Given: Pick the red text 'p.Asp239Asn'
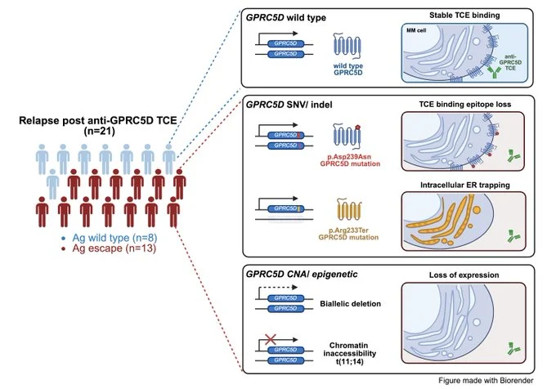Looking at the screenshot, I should click(x=352, y=158).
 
